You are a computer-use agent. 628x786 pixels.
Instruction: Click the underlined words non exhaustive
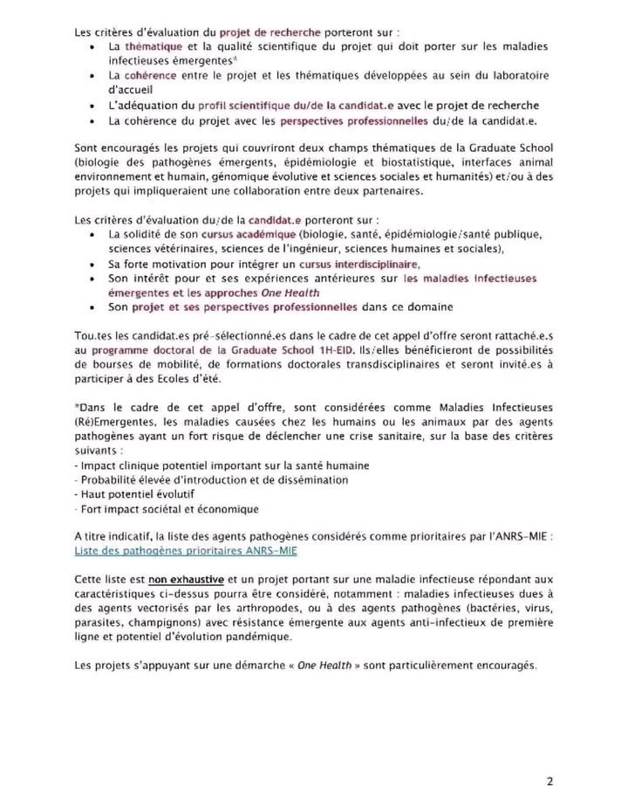(174, 580)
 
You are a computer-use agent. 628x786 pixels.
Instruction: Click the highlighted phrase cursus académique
(248, 235)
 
